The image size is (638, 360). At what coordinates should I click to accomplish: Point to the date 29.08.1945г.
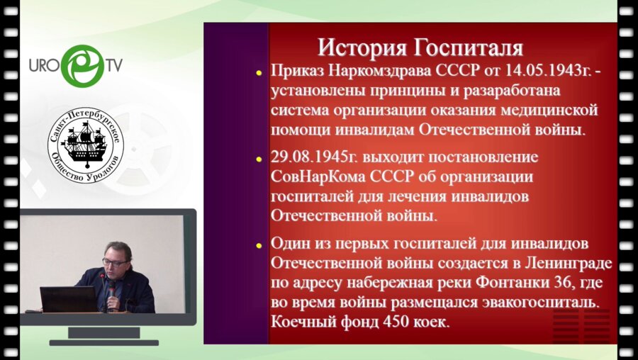pos(316,157)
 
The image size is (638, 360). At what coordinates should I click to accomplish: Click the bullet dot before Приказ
pos(261,72)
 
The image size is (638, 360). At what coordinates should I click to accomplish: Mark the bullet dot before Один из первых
pos(261,243)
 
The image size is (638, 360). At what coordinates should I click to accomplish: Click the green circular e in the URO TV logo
pos(83,66)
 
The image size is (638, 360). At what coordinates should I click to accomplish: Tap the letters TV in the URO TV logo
pos(113,65)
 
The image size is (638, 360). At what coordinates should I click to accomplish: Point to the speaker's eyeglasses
pos(113,261)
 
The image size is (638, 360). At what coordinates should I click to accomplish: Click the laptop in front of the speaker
pos(67,298)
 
